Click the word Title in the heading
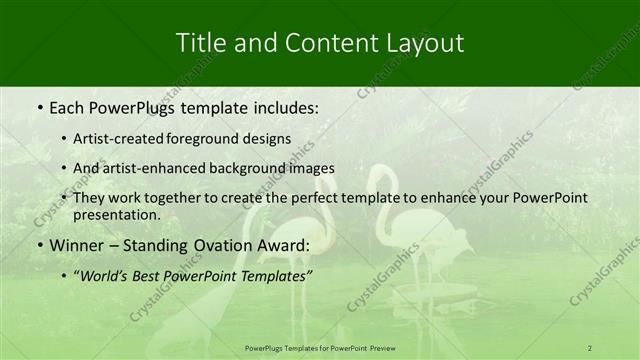199,43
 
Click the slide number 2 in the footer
590,347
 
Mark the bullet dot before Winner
39,246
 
